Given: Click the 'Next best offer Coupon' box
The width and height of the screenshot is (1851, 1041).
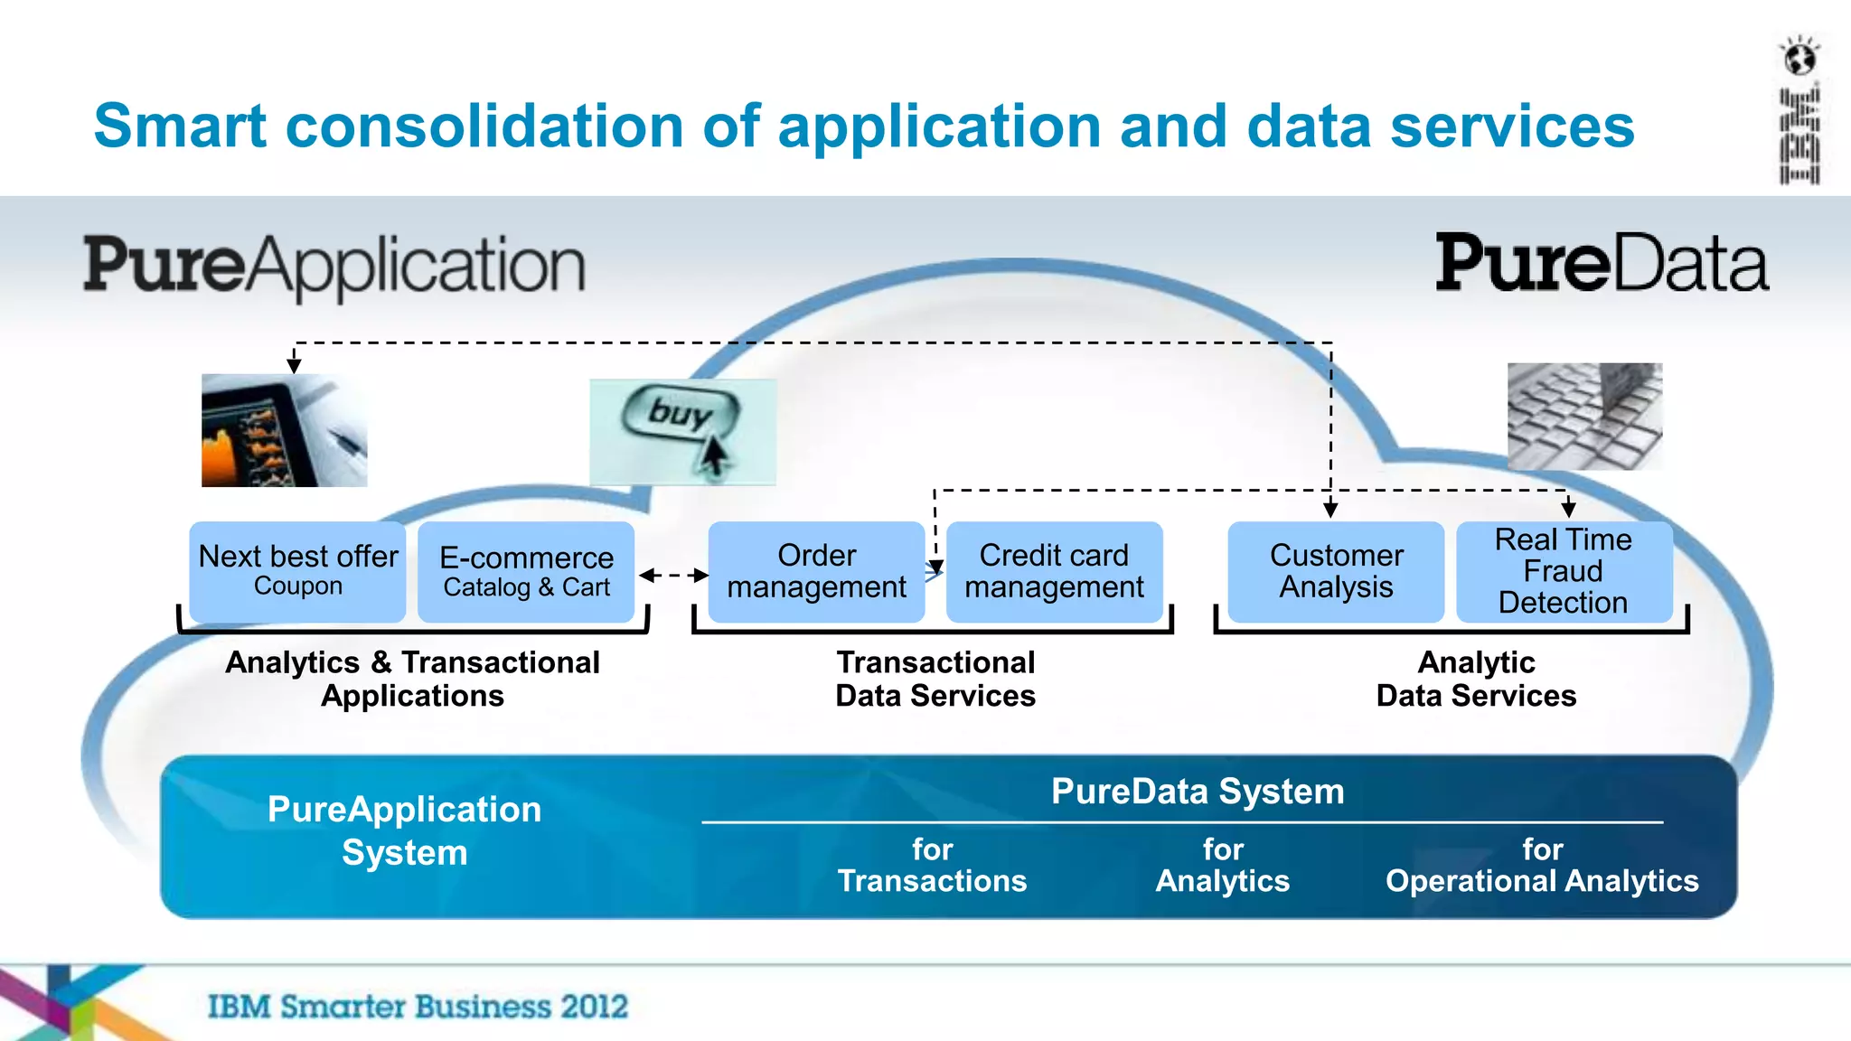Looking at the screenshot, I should (298, 571).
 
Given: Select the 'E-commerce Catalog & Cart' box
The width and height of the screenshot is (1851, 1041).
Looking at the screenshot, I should (526, 571).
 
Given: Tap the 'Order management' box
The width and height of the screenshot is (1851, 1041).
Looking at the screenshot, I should (816, 571).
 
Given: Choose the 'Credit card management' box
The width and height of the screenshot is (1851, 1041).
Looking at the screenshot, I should (1054, 571).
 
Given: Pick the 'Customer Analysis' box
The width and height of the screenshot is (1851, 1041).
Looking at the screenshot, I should (1336, 571).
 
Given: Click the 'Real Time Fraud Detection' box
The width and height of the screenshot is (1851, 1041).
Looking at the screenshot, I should (1564, 571).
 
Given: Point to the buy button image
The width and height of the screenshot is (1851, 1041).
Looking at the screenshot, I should (682, 431).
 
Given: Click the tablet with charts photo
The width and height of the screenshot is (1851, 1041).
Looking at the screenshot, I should (284, 431).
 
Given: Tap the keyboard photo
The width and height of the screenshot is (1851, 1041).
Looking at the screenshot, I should (1584, 417).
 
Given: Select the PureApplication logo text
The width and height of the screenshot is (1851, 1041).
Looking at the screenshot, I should (334, 266).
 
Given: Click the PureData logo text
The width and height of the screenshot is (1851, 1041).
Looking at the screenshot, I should (1602, 264).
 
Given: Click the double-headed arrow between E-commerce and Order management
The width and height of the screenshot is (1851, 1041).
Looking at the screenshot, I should (673, 575).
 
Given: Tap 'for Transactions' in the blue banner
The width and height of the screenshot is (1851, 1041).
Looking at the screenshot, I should (932, 865).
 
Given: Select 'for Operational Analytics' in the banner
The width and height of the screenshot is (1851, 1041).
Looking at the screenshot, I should (1542, 865).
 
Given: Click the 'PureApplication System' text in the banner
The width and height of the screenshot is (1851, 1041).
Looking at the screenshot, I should (404, 830).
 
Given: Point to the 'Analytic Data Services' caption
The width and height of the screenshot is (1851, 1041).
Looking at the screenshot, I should (1476, 679).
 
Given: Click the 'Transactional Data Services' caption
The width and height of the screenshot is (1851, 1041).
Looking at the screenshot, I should (935, 679).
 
